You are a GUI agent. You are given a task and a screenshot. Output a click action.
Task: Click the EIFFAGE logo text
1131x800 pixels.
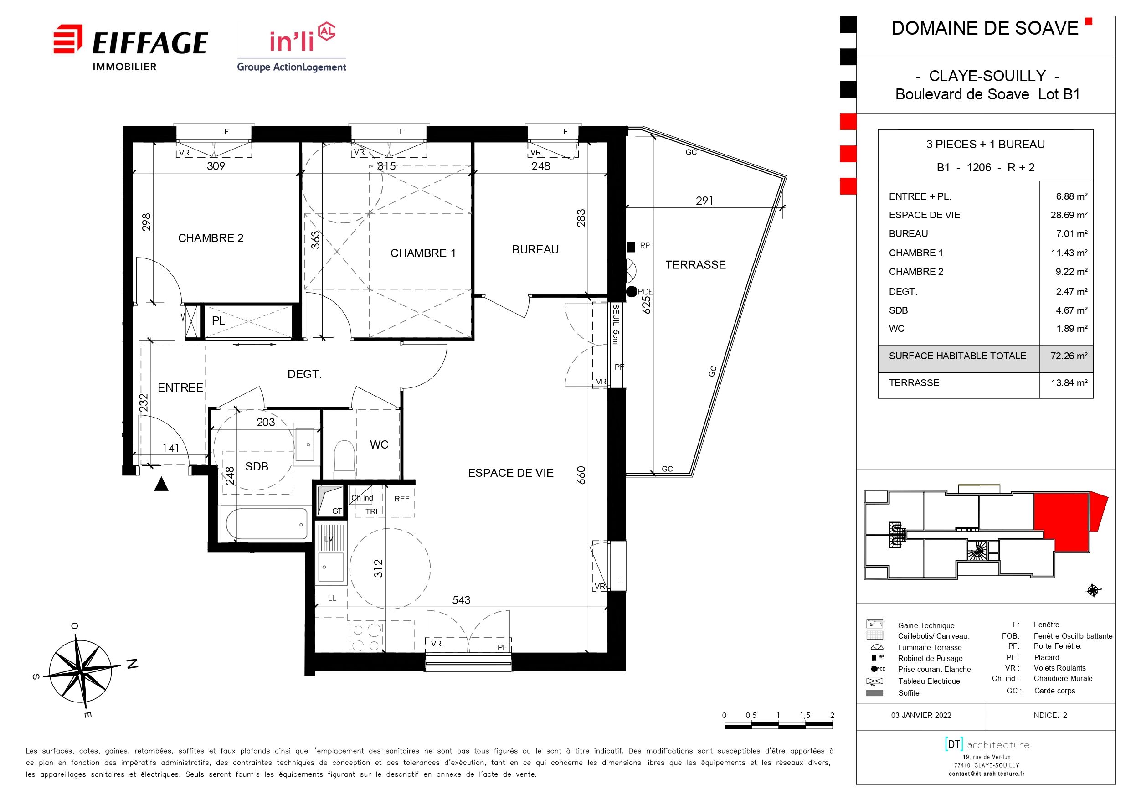click(x=150, y=43)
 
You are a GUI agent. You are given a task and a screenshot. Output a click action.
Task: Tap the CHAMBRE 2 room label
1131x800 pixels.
click(x=211, y=238)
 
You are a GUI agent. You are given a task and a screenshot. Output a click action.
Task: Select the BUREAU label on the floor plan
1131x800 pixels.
click(x=535, y=249)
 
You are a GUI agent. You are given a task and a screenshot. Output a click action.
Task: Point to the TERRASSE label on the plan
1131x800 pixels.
click(x=695, y=265)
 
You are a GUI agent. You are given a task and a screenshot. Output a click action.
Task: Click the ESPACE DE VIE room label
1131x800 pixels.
click(x=511, y=473)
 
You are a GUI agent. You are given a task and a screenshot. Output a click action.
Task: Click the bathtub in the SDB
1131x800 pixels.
click(x=266, y=524)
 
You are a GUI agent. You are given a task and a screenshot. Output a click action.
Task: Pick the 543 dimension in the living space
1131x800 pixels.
click(x=462, y=600)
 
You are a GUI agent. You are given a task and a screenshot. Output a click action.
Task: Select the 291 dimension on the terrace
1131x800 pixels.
click(x=704, y=201)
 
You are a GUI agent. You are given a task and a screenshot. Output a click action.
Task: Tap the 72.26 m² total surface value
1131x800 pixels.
click(x=1069, y=356)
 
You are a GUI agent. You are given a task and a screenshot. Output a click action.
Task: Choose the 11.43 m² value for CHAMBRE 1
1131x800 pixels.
click(x=1069, y=253)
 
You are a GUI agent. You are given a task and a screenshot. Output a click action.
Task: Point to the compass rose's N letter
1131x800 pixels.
click(x=132, y=664)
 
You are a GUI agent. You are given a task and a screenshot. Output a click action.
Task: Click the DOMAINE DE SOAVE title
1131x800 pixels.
click(x=985, y=28)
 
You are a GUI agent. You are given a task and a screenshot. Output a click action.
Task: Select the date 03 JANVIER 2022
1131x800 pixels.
click(x=921, y=715)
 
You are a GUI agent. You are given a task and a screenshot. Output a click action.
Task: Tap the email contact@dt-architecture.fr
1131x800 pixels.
click(x=987, y=774)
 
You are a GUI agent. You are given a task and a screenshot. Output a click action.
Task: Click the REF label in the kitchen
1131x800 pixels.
click(x=401, y=499)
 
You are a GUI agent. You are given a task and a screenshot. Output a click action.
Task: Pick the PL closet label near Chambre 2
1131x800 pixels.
click(x=218, y=321)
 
